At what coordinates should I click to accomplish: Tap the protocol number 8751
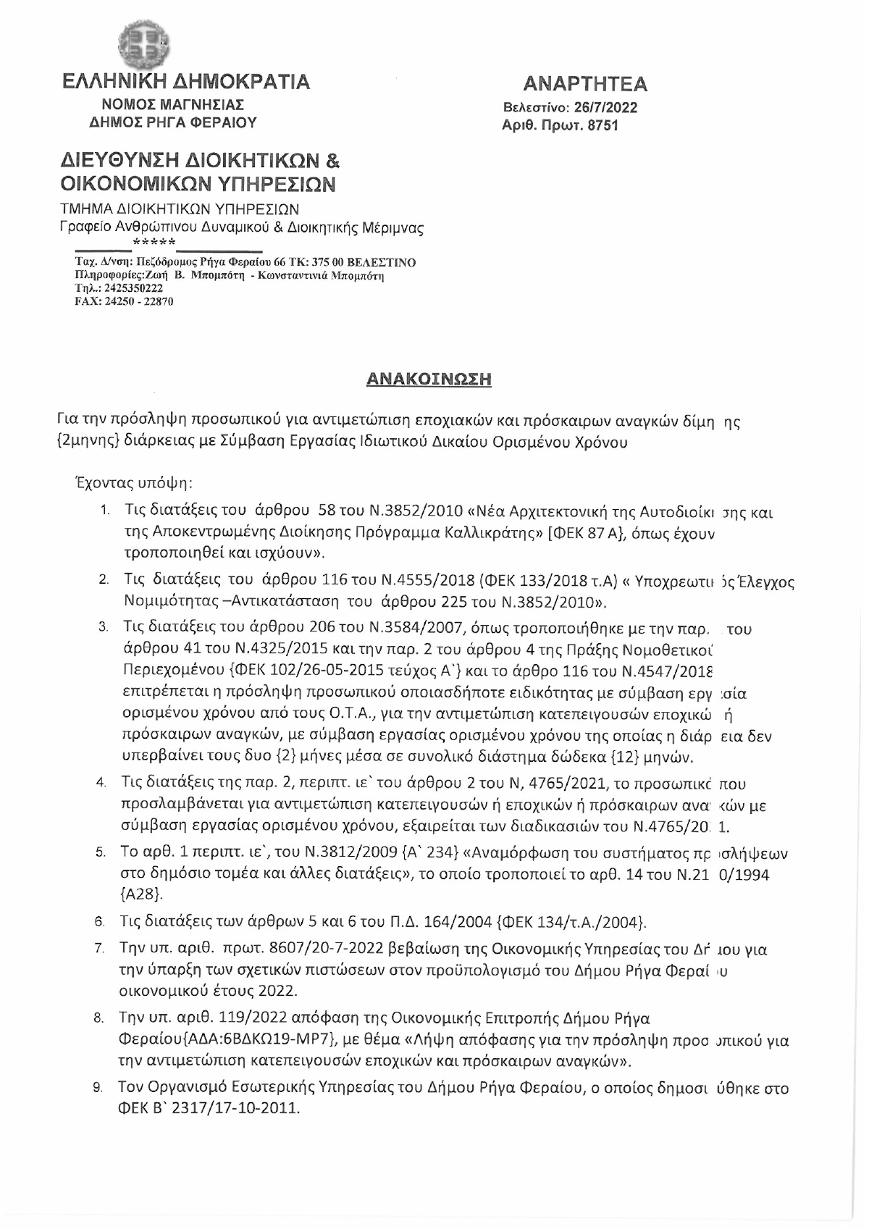603,125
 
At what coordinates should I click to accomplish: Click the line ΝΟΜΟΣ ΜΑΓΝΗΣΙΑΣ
172,105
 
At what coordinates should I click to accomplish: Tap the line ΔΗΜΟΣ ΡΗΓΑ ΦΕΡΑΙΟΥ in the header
172,122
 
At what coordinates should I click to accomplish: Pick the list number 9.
101,1089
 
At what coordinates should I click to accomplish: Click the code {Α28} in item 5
136,894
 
